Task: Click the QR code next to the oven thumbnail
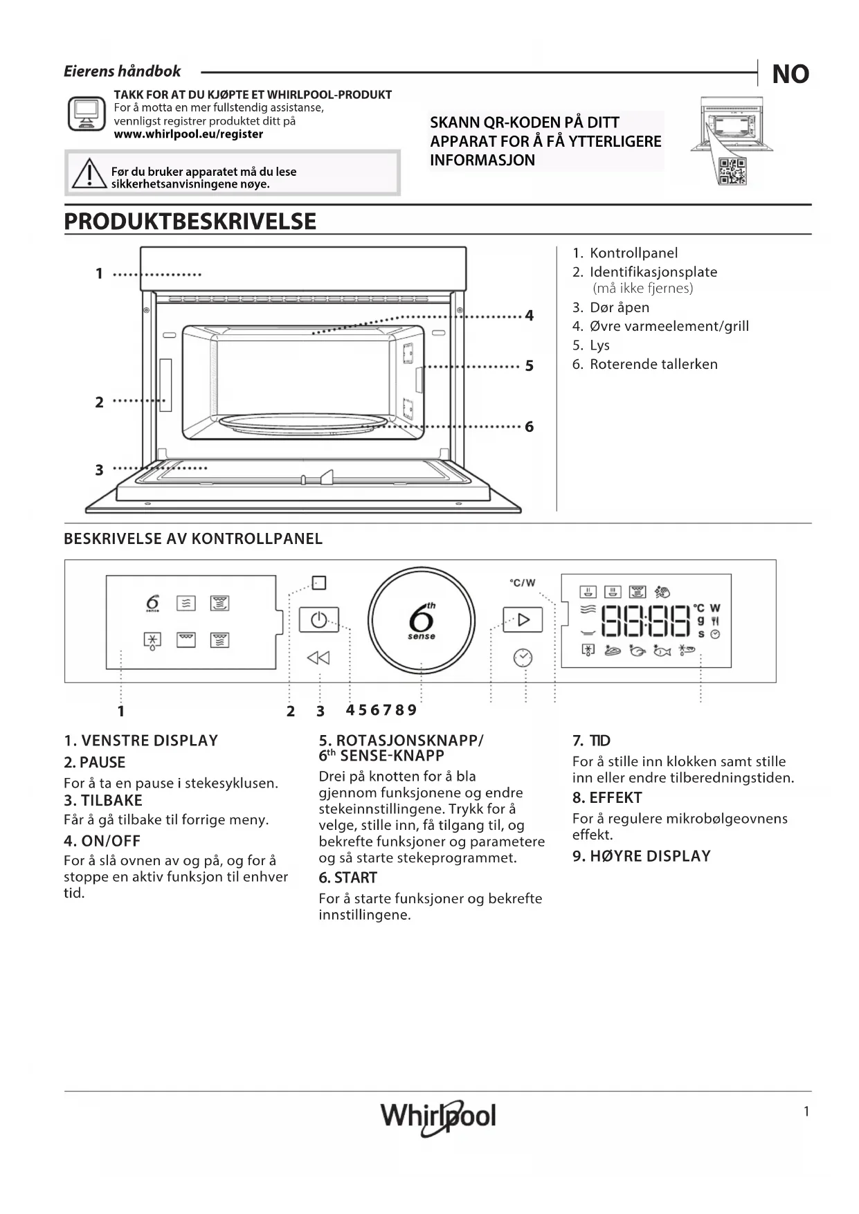[732, 171]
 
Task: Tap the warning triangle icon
[88, 174]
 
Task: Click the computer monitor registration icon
[87, 114]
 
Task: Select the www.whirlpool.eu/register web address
[188, 134]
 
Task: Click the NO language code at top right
[790, 74]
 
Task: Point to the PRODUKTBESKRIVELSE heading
[190, 221]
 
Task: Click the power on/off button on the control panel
[318, 619]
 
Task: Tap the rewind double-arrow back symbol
[318, 658]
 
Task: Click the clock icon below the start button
[523, 658]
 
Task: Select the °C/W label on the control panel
[523, 583]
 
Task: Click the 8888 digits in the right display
[646, 621]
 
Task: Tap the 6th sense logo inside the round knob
[422, 621]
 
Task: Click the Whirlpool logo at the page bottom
[438, 1116]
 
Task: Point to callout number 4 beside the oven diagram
[530, 316]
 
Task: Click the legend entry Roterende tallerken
[653, 364]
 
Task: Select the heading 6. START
[347, 878]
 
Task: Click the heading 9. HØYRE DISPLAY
[641, 856]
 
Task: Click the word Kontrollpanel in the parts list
[633, 253]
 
